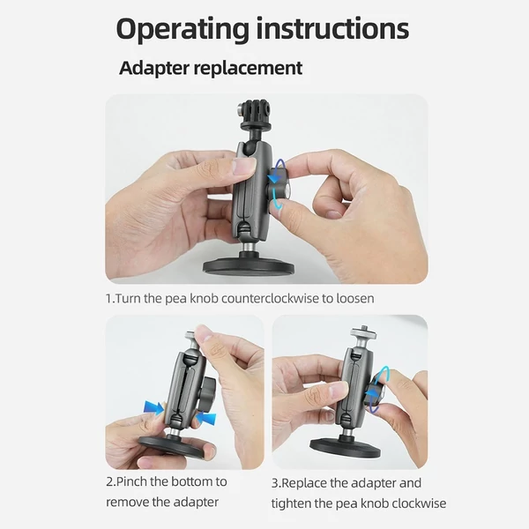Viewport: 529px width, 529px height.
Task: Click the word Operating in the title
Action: (183, 30)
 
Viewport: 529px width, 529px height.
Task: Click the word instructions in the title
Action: (332, 28)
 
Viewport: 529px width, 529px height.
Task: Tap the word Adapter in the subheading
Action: (154, 68)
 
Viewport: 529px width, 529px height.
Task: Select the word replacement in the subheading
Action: (248, 68)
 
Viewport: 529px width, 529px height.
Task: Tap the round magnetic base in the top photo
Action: (249, 265)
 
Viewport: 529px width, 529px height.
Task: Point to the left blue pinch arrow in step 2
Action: (153, 408)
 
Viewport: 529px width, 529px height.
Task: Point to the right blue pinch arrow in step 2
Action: (205, 419)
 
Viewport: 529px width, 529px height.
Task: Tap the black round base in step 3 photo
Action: (346, 447)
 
